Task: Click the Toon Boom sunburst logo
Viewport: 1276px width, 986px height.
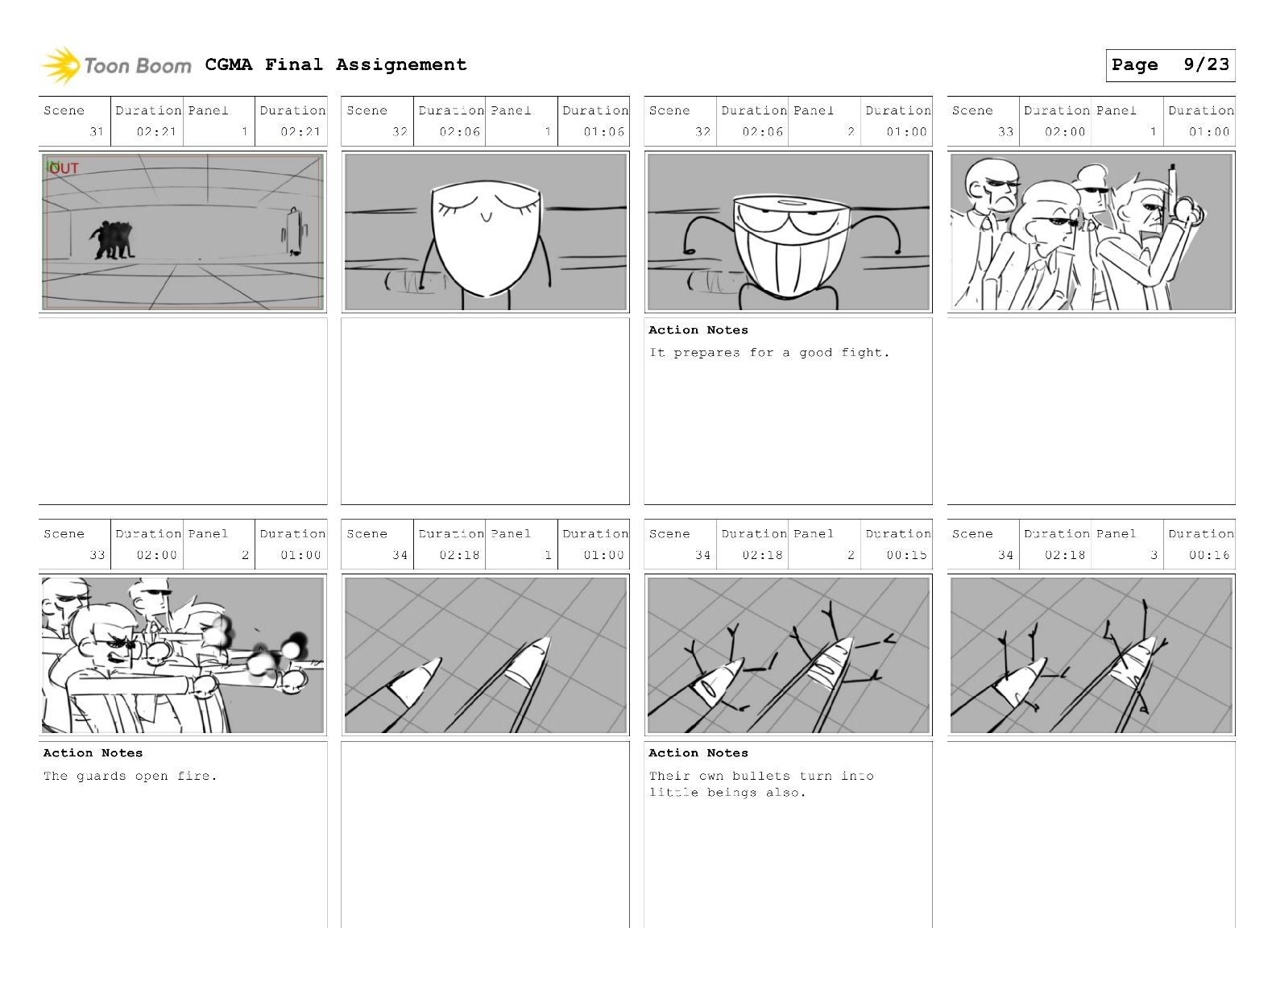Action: (x=60, y=65)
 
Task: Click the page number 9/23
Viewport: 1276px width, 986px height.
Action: (x=1206, y=64)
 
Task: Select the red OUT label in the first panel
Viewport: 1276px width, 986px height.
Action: (x=64, y=168)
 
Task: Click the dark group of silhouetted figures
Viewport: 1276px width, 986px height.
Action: (x=112, y=240)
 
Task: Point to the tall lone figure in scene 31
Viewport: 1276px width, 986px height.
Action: (x=293, y=231)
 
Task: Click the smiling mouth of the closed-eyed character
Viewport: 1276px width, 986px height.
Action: (x=486, y=217)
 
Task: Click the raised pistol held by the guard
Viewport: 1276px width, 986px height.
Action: (x=1173, y=194)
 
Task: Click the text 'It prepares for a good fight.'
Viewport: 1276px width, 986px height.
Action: (x=769, y=353)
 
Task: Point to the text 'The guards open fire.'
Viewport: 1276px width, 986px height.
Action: (x=130, y=777)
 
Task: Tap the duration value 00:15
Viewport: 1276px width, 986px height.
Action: (x=906, y=555)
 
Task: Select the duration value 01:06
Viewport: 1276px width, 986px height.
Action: (x=603, y=132)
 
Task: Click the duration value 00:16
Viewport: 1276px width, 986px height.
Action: (x=1209, y=555)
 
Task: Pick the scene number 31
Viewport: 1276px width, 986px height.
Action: (x=97, y=132)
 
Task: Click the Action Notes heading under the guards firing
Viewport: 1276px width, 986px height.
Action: (x=93, y=753)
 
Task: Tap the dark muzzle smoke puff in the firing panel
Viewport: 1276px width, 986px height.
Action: (x=298, y=641)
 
